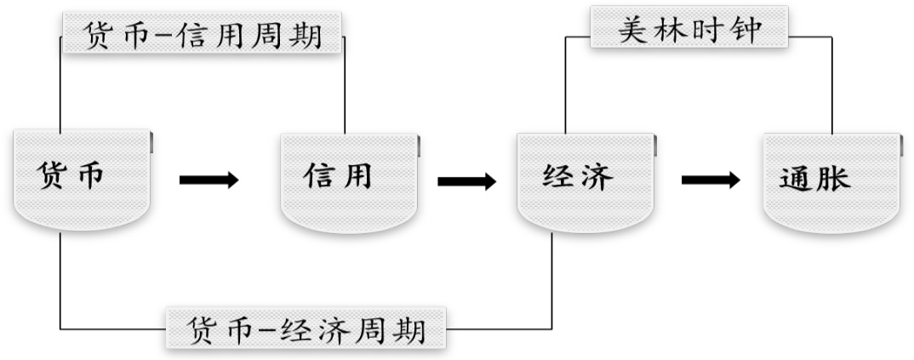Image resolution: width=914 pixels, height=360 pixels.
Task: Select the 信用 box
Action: pyautogui.click(x=351, y=180)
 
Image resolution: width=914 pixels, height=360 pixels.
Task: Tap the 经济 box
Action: pyautogui.click(x=586, y=180)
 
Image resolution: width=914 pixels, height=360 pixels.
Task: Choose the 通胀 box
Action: pyautogui.click(x=831, y=180)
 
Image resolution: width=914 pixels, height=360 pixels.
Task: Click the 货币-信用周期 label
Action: pyautogui.click(x=203, y=37)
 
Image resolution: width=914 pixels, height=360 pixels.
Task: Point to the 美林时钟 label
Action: pyautogui.click(x=689, y=28)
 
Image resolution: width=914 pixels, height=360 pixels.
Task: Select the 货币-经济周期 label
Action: pyautogui.click(x=306, y=329)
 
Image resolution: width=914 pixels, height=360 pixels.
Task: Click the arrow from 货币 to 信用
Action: pyautogui.click(x=209, y=180)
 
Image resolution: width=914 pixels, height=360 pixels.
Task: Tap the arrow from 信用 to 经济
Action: pyautogui.click(x=466, y=181)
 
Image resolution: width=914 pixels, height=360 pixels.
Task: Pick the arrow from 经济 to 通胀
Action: pyautogui.click(x=711, y=180)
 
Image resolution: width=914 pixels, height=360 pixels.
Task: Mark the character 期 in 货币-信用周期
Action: pyautogui.click(x=306, y=37)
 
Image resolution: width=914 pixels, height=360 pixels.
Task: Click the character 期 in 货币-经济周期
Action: pyautogui.click(x=410, y=329)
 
